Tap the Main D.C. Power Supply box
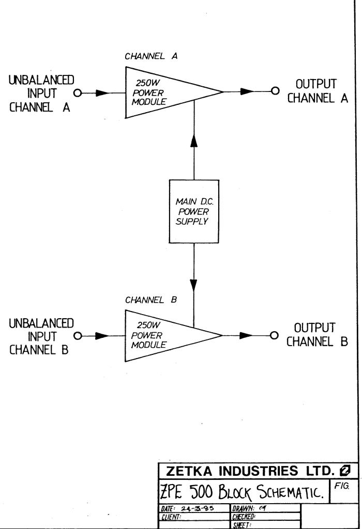[194, 211]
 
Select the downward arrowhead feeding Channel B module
[194, 285]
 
